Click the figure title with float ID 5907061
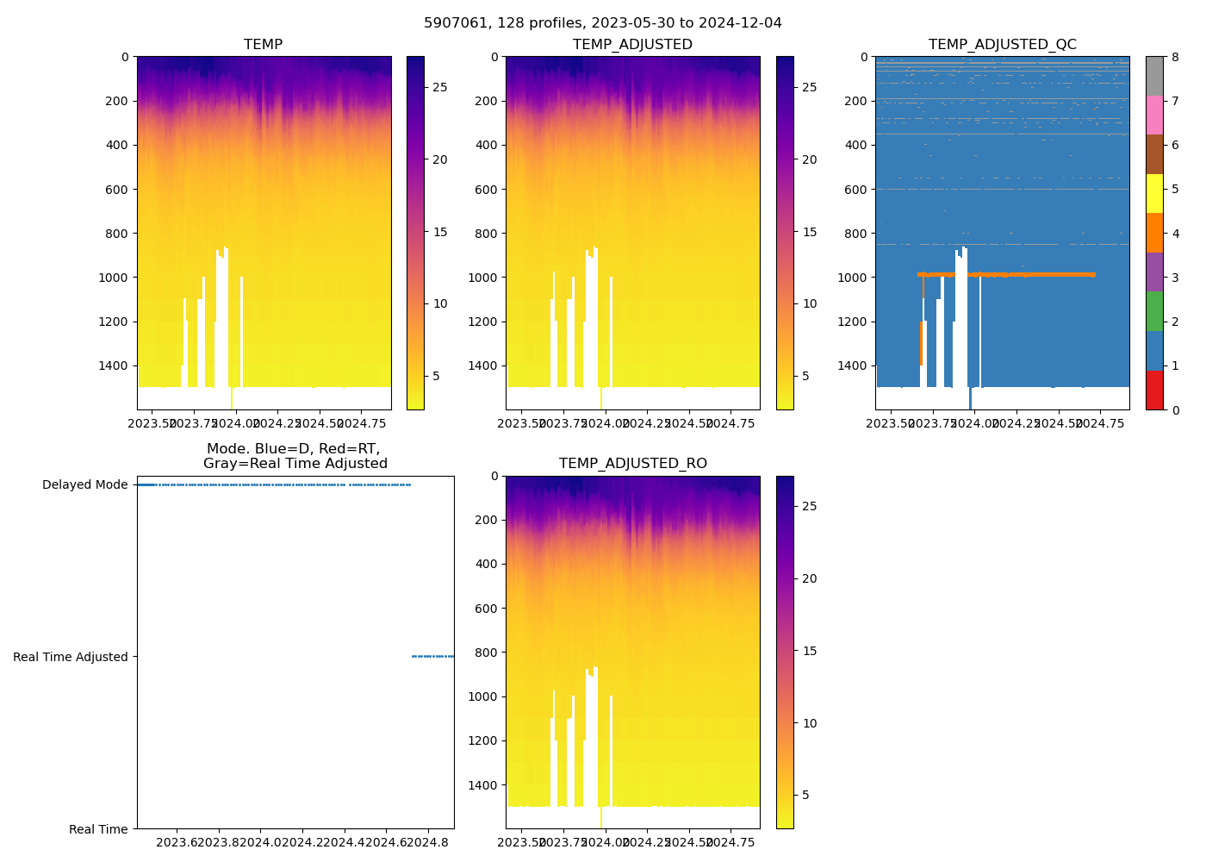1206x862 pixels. pyautogui.click(x=602, y=23)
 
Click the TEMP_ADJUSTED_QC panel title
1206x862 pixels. pyautogui.click(x=1002, y=45)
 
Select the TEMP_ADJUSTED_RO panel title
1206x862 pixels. pyautogui.click(x=632, y=464)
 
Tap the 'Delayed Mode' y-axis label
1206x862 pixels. pyautogui.click(x=84, y=485)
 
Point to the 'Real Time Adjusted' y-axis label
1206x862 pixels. pyautogui.click(x=70, y=657)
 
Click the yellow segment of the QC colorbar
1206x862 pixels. pyautogui.click(x=1154, y=194)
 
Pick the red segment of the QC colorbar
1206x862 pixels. pyautogui.click(x=1154, y=390)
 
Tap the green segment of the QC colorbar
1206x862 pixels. pyautogui.click(x=1154, y=311)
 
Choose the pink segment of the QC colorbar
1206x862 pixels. pyautogui.click(x=1154, y=116)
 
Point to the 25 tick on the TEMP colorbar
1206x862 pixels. pyautogui.click(x=439, y=88)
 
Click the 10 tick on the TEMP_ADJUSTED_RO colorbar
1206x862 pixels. pyautogui.click(x=810, y=723)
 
